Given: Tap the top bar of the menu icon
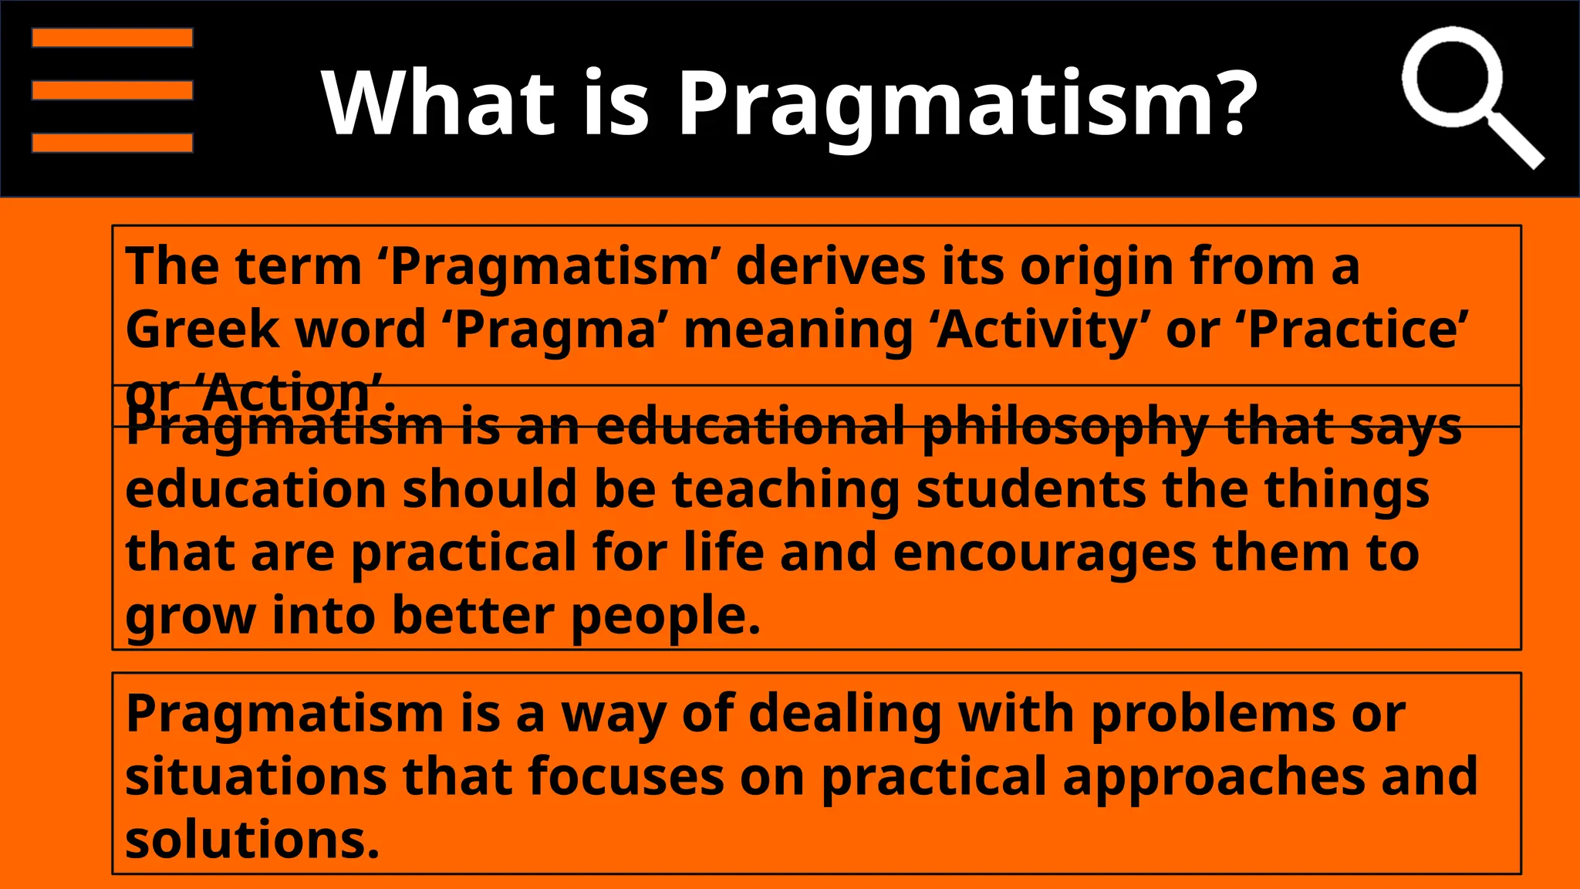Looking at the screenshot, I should click(112, 38).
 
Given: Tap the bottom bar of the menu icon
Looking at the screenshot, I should click(112, 143).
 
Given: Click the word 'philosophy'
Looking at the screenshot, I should click(1065, 427).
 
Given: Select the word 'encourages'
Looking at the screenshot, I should click(1044, 553).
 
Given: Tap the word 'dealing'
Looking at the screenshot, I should click(845, 713).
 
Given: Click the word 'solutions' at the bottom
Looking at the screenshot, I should click(252, 840).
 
